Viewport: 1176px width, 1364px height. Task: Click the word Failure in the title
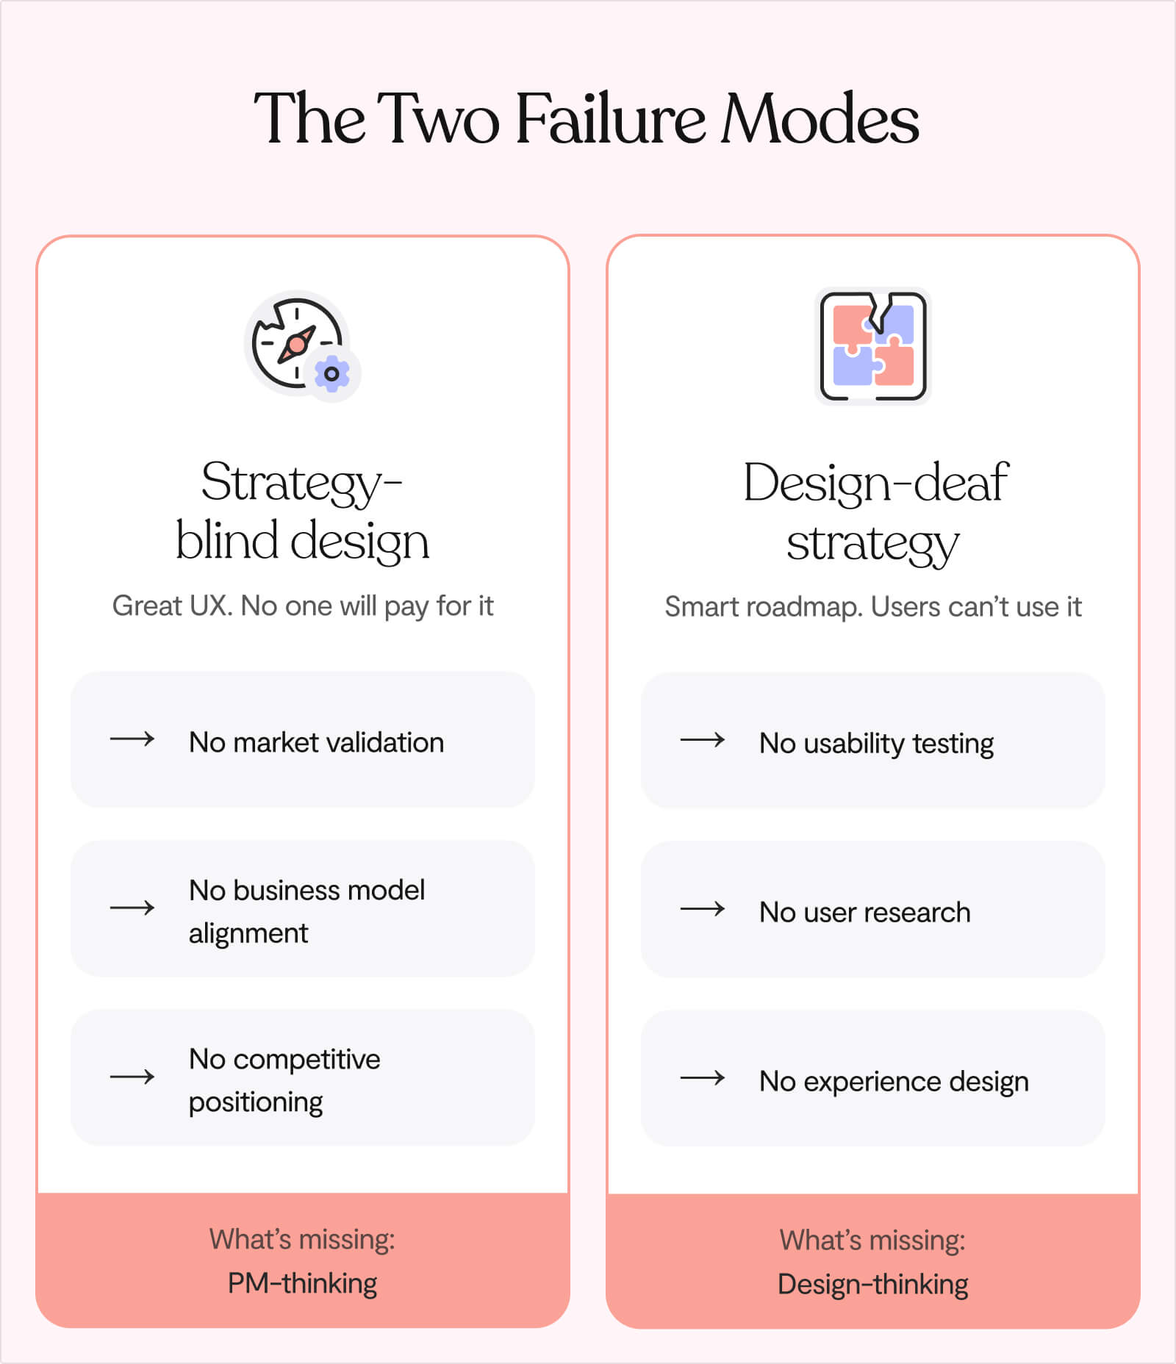coord(610,118)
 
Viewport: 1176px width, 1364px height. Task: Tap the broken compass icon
coord(297,343)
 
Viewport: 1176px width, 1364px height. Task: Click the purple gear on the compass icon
coord(331,374)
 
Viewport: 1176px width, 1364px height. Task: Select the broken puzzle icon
coord(873,346)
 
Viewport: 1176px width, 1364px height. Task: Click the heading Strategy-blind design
coord(302,511)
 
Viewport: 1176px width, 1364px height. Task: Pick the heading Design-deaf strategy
coord(874,513)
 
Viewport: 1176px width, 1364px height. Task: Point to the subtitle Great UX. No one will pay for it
coord(302,606)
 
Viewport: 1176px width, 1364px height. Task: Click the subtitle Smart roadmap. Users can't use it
coord(873,607)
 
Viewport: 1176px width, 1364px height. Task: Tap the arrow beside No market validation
coord(132,739)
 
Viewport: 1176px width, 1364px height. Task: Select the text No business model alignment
coord(306,911)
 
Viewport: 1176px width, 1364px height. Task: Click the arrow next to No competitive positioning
coord(132,1077)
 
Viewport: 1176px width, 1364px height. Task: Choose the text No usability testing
coord(876,743)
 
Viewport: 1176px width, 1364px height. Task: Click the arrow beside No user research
coord(703,909)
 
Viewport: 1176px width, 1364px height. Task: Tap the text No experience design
coord(894,1082)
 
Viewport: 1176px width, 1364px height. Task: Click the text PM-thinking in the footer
coord(302,1283)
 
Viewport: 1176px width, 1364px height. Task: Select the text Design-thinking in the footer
coord(873,1285)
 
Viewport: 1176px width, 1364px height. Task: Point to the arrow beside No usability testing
coord(703,740)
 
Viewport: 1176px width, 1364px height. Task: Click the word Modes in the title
coord(820,118)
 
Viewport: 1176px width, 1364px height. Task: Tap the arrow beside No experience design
coord(703,1078)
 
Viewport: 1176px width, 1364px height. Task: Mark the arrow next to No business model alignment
coord(132,908)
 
